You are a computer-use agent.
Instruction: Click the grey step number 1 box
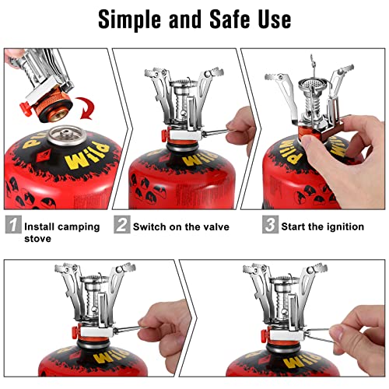pos(12,226)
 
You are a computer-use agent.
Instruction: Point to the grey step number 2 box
pos(121,226)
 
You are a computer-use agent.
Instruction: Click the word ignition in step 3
pos(340,226)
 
